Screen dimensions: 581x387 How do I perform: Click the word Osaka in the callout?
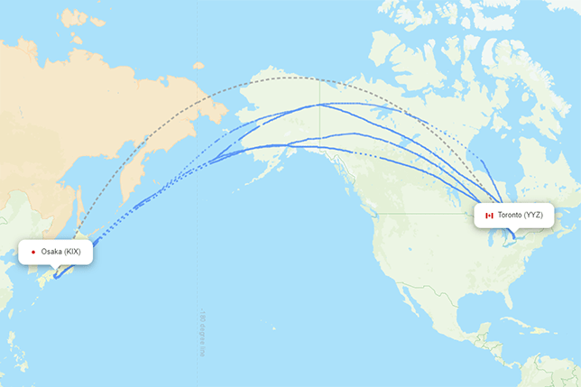51,252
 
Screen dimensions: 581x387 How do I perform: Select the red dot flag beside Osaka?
32,252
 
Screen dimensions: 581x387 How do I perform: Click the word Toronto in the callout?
509,216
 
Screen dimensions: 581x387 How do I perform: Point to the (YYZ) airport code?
534,216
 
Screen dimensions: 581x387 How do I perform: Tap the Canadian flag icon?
489,216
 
